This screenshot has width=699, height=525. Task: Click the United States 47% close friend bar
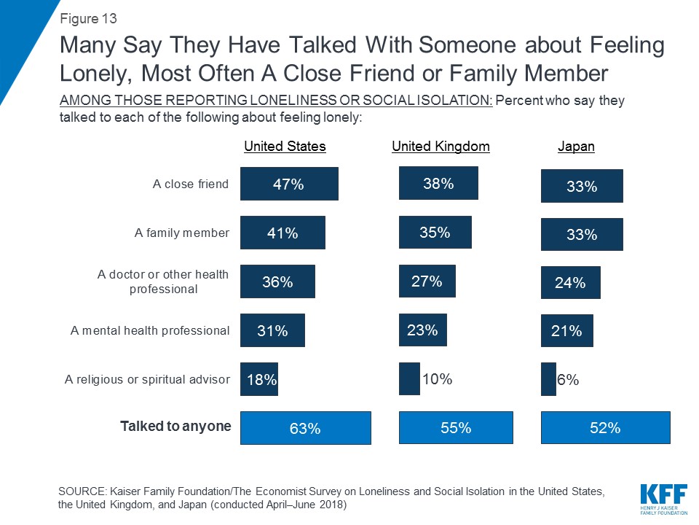(x=289, y=184)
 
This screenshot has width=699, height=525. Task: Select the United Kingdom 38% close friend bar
(x=438, y=183)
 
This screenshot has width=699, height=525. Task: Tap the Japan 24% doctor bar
(x=570, y=283)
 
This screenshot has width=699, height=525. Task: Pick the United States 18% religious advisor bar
(x=259, y=379)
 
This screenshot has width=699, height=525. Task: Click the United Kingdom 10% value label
(x=438, y=378)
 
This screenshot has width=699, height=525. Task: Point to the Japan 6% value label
(x=568, y=379)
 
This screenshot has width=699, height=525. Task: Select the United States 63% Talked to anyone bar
(x=305, y=428)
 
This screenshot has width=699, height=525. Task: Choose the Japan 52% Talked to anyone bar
(x=605, y=428)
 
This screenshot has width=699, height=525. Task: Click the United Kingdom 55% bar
(x=456, y=428)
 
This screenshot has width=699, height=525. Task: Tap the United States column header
(x=285, y=147)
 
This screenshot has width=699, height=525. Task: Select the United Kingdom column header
(x=441, y=147)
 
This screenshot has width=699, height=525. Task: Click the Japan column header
(x=576, y=147)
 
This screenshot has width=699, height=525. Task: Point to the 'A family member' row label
(x=182, y=233)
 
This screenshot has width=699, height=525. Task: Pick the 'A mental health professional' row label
(x=150, y=330)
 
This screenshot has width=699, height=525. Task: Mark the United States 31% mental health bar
(x=272, y=330)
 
